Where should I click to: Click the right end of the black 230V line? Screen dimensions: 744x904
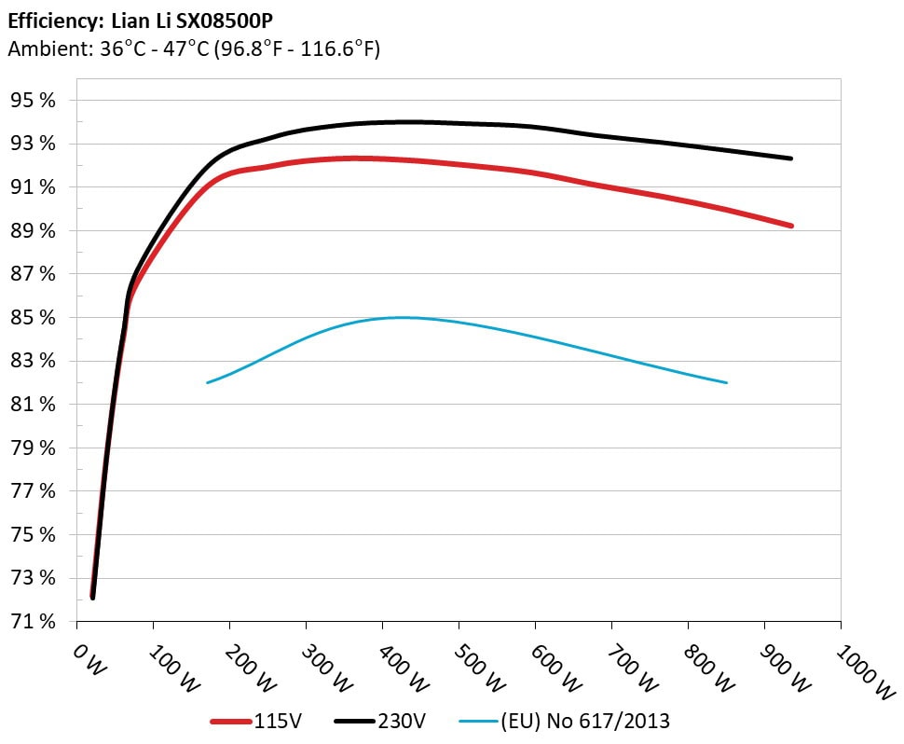pos(790,158)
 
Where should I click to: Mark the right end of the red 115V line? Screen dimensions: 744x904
pos(790,226)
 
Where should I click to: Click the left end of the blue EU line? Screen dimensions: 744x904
pos(208,382)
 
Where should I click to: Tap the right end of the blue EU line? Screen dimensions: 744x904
pos(725,382)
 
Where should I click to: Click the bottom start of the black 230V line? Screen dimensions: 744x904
pos(93,597)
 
